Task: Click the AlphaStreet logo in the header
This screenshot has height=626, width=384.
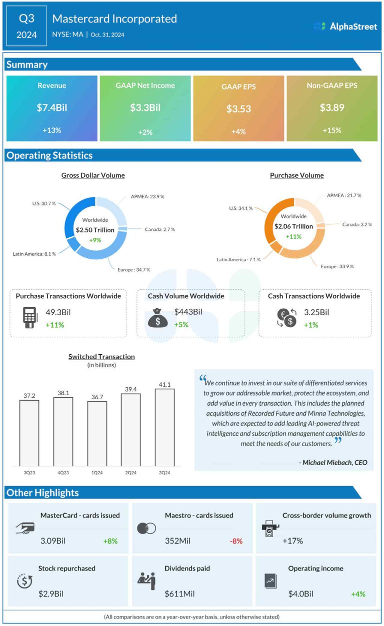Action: [345, 26]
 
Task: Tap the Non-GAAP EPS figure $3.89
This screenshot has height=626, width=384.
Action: [331, 107]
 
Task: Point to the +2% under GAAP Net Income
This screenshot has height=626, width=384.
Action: [145, 132]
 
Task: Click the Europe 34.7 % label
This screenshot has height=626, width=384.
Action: [133, 269]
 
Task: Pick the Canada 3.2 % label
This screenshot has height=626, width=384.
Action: [357, 224]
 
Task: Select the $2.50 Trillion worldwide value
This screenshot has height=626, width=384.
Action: [95, 230]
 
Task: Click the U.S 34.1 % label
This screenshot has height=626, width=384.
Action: [241, 208]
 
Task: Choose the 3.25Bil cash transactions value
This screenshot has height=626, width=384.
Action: [316, 312]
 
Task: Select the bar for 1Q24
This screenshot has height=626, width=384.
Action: [97, 433]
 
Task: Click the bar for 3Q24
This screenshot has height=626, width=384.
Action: [164, 427]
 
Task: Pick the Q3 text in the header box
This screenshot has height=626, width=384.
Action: [27, 19]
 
